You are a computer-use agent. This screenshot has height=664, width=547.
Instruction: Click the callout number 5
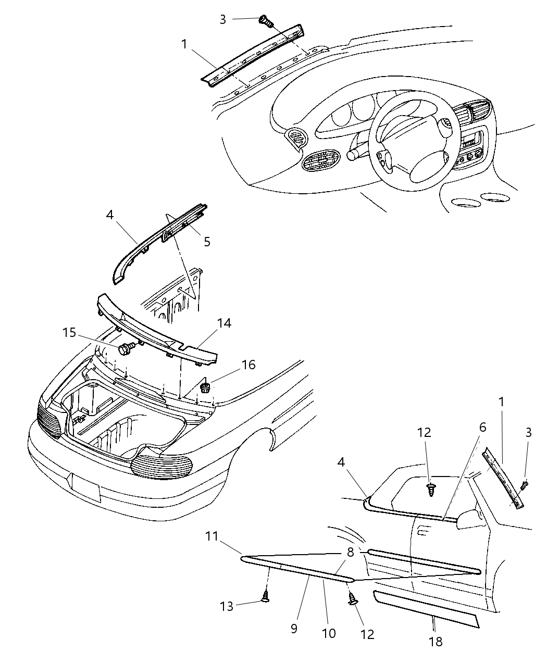click(207, 242)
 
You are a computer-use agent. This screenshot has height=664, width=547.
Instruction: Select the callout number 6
click(482, 428)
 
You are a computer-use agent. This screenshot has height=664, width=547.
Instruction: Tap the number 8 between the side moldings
click(351, 553)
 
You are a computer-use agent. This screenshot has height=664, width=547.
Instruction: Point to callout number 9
click(294, 629)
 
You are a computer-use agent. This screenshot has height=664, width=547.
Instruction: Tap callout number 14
click(224, 323)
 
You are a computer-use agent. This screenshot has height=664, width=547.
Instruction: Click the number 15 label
click(70, 332)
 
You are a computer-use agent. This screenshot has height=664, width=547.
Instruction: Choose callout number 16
click(248, 365)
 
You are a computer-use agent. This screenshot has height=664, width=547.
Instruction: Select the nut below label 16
click(205, 387)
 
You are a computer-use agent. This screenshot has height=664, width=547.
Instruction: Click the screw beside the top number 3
click(266, 22)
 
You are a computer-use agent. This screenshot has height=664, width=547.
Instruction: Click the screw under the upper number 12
click(431, 490)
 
